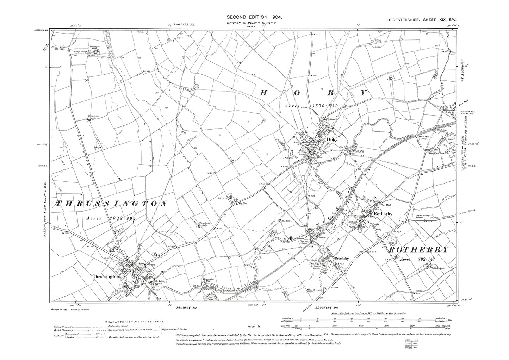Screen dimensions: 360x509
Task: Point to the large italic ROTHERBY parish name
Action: tap(419, 250)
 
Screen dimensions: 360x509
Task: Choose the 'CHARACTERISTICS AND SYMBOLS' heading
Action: tap(134, 322)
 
